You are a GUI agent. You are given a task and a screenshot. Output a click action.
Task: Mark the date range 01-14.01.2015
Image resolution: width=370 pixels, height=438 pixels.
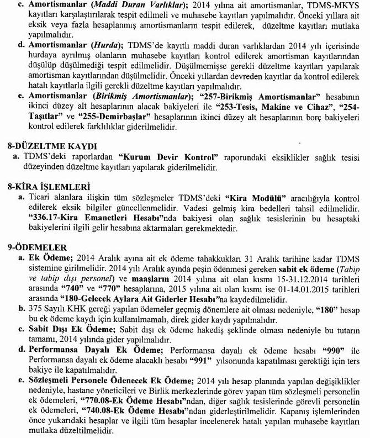tap(304, 286)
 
